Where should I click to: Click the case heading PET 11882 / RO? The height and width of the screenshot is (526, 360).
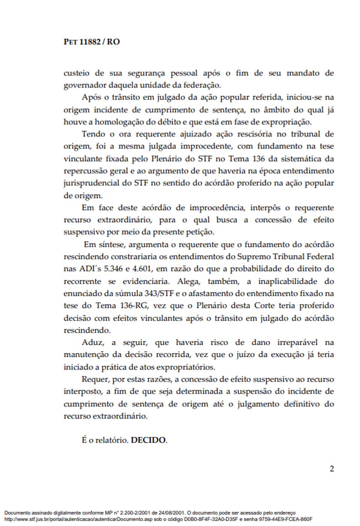92,42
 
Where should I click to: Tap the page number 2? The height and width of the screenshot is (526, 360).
331,469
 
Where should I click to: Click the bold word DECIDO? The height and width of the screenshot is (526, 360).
149,440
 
